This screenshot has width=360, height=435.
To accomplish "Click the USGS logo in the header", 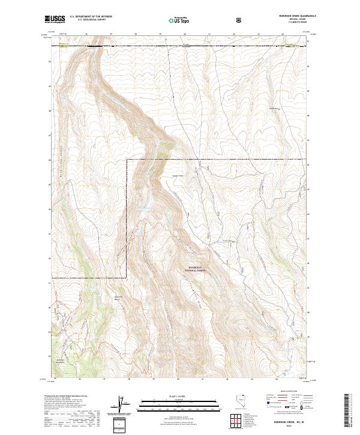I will click(55, 20).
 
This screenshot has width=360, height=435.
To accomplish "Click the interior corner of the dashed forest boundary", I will click(127, 161).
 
